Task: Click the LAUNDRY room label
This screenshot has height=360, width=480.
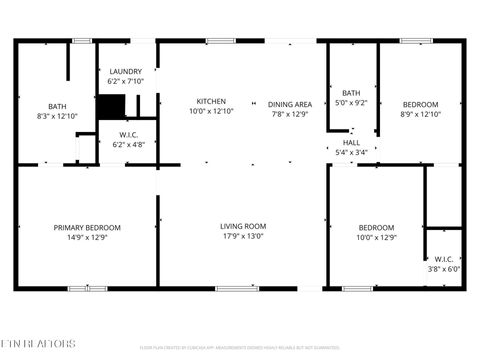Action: (126, 71)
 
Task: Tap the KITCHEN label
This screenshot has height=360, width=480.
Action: (211, 102)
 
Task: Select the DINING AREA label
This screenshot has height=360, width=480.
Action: (290, 104)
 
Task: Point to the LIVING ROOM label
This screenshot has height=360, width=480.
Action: (243, 226)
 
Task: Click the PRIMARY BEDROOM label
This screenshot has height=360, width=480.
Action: (87, 228)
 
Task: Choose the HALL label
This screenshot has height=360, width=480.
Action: (352, 143)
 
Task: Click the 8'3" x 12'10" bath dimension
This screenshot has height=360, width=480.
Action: (56, 117)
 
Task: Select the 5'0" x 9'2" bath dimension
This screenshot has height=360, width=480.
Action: (351, 102)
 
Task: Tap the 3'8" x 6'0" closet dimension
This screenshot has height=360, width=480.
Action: (443, 268)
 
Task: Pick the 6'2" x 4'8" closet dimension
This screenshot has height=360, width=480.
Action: (127, 145)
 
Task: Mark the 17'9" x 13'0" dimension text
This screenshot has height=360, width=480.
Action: (243, 237)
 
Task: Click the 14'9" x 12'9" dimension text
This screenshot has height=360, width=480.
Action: (87, 238)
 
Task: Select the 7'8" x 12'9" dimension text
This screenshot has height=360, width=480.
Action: (290, 114)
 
